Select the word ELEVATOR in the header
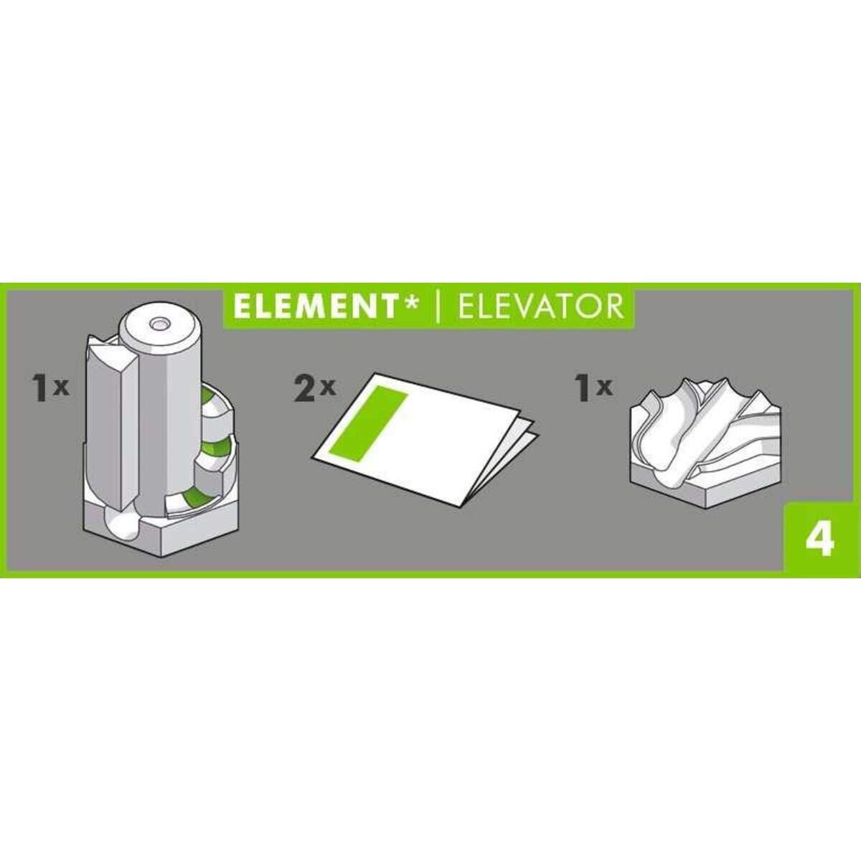point(540,306)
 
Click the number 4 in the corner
point(819,538)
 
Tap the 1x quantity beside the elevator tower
point(49,388)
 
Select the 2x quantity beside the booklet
point(314,388)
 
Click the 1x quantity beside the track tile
point(594,388)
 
